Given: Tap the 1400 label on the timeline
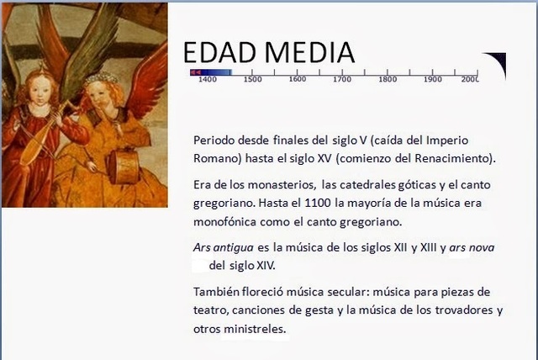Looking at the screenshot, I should pyautogui.click(x=208, y=80).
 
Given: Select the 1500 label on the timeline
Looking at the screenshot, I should pyautogui.click(x=252, y=80).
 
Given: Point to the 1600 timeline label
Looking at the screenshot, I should pyautogui.click(x=297, y=80).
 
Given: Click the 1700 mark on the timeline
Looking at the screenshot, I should pyautogui.click(x=342, y=80).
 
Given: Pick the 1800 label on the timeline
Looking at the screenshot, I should pyautogui.click(x=388, y=80).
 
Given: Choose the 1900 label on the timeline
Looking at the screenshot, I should pyautogui.click(x=433, y=80).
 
